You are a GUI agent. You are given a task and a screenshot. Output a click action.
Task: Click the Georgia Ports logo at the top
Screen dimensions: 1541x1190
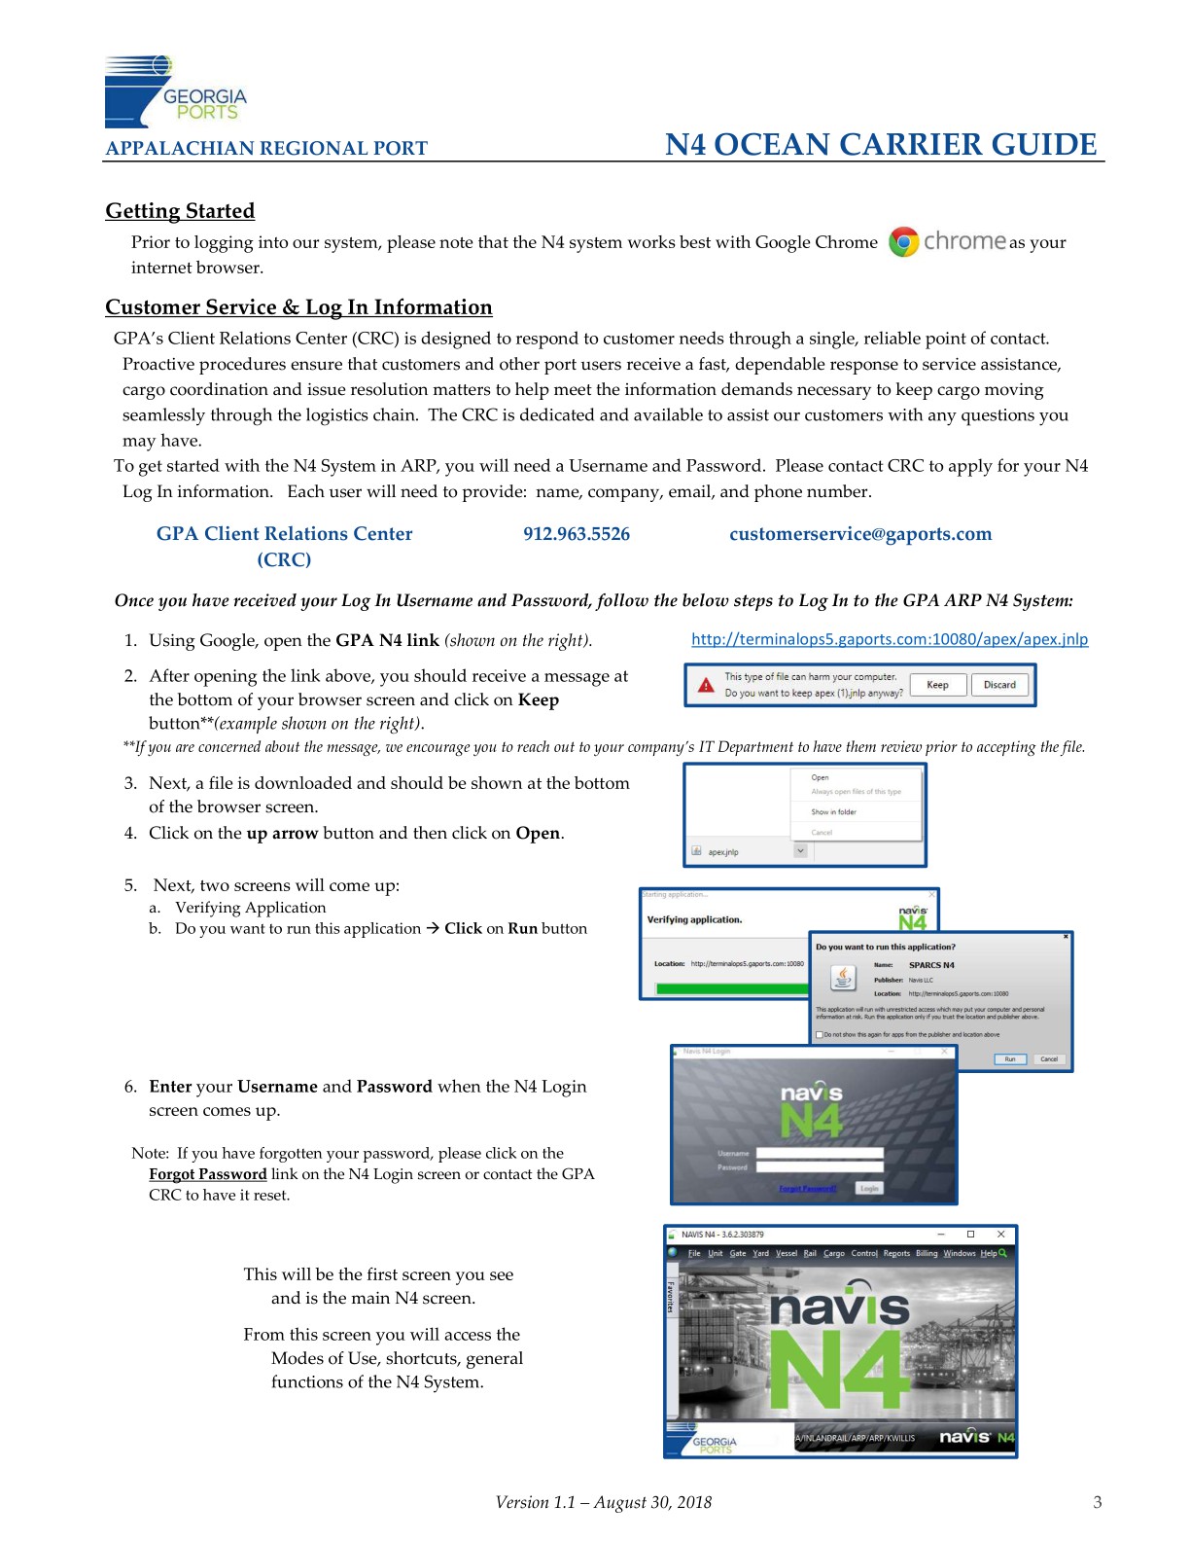[175, 92]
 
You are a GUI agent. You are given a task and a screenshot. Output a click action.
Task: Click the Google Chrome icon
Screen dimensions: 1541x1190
[904, 242]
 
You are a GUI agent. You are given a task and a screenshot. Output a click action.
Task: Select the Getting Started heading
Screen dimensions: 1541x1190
[180, 211]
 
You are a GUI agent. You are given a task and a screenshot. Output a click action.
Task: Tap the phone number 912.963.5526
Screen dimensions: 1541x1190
[577, 534]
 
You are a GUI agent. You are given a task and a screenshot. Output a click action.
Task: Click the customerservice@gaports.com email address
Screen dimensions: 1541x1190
[860, 534]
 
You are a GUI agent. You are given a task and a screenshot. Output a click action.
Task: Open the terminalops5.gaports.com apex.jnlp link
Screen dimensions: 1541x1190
[890, 639]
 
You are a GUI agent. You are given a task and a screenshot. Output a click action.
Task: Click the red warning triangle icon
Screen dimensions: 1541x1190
[707, 686]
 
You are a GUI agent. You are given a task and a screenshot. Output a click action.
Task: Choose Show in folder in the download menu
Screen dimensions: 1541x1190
[834, 811]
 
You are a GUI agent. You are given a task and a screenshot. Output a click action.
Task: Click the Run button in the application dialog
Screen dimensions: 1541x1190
[1010, 1058]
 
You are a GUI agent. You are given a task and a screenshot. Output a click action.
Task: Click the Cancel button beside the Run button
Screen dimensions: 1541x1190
[1049, 1058]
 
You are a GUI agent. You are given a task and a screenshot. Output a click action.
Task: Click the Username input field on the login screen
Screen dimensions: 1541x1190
[820, 1153]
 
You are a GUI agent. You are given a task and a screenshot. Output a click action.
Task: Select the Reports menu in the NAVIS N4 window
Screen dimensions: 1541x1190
[896, 1253]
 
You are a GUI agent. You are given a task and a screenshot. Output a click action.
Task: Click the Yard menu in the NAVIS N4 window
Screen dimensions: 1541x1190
[760, 1253]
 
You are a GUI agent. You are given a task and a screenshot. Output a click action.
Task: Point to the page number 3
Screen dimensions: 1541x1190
[1098, 1502]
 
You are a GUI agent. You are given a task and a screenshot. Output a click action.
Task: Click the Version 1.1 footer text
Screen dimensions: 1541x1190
[603, 1502]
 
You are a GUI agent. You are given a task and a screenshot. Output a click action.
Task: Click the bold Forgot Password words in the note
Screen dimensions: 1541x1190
[207, 1174]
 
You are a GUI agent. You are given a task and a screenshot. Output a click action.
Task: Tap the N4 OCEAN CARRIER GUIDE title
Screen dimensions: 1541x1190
[881, 145]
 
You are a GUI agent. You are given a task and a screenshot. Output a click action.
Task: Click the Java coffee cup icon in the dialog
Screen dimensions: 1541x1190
[843, 977]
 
